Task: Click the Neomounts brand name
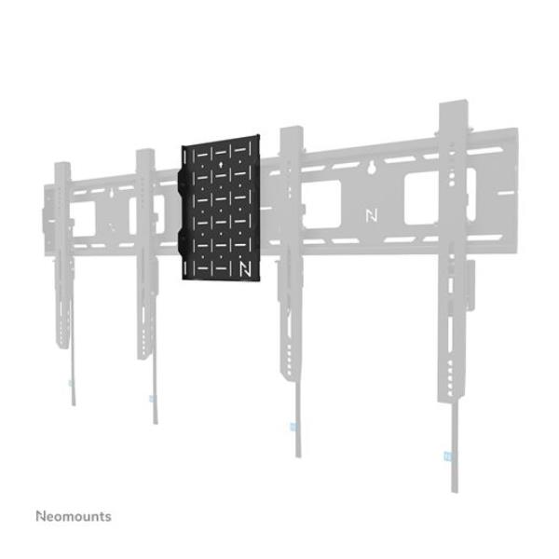coord(74,516)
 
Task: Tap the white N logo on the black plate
coord(245,268)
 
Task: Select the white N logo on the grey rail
coord(372,216)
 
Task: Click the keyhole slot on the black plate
coord(221,165)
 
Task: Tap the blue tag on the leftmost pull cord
coord(71,383)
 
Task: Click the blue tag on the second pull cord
coord(152,398)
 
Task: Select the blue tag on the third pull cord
coord(293,427)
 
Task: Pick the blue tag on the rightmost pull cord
coord(448,456)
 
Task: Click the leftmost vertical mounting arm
coord(62,255)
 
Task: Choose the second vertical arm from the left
coord(146,254)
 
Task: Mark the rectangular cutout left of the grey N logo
coord(322,204)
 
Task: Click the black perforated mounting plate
coord(219,208)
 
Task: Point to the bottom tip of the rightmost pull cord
coord(455,492)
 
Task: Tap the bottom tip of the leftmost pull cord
coord(74,405)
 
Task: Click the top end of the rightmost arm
coord(453,102)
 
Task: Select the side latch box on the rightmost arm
coord(470,285)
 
